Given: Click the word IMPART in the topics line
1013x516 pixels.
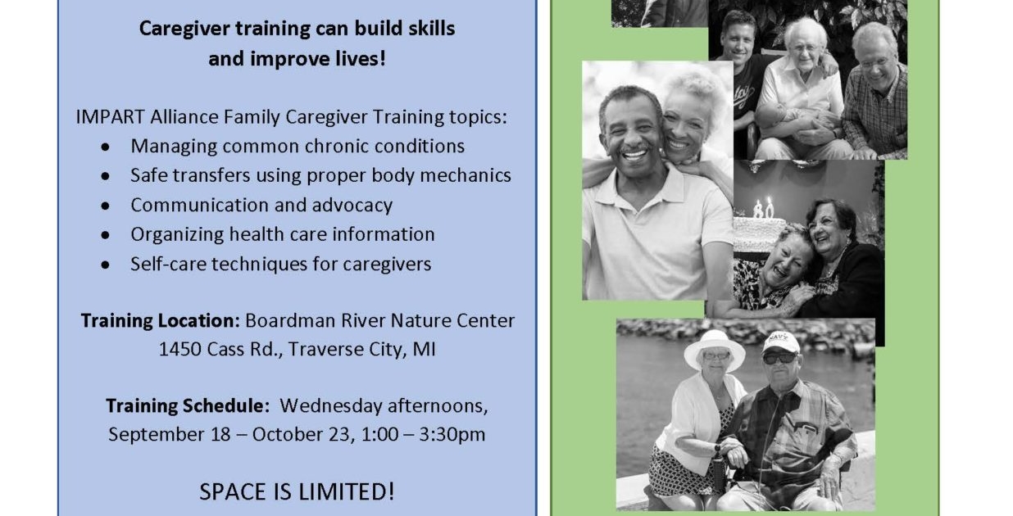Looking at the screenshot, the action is coord(110,117).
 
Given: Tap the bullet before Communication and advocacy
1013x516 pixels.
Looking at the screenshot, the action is coord(106,206).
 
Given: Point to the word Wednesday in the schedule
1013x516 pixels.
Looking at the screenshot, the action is coord(331,405).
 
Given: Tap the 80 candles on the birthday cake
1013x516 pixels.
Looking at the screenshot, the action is coord(764,208).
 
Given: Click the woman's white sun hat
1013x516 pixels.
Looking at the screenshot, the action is coord(715,349).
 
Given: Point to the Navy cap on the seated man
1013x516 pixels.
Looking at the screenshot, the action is coord(781,342).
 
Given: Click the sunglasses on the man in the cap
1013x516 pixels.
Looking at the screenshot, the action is coord(779,359).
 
